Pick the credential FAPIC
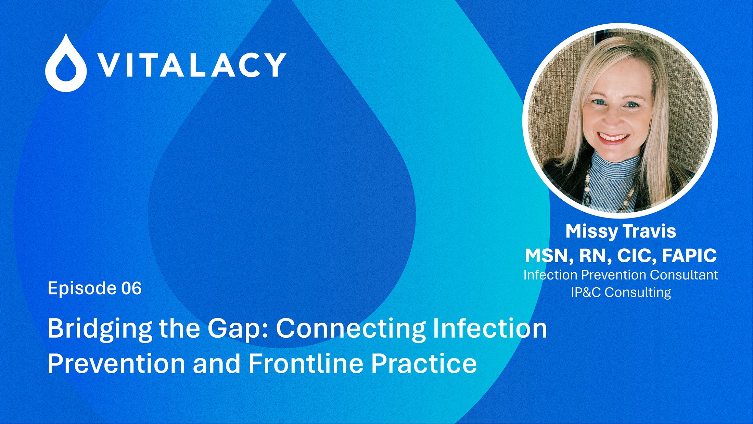[x=689, y=255]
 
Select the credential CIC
[x=637, y=256]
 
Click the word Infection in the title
[x=490, y=328]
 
